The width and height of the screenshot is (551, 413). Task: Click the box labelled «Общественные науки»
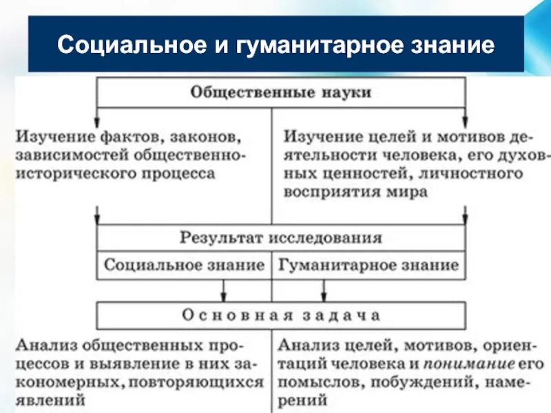click(280, 92)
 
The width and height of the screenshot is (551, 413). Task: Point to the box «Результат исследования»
click(280, 238)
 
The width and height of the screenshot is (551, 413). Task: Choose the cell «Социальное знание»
click(185, 265)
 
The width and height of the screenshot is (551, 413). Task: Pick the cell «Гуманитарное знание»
click(368, 265)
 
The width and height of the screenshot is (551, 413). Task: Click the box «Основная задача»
click(280, 315)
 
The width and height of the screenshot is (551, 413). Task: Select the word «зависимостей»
click(72, 153)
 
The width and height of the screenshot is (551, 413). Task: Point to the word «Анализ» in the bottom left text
click(42, 344)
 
